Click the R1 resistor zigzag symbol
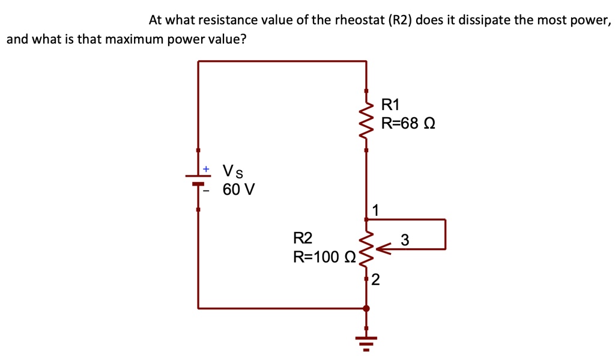point(366,121)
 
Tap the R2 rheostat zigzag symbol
point(366,248)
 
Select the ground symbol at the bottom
point(366,343)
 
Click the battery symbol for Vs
point(198,180)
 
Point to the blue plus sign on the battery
point(206,169)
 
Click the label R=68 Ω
point(408,124)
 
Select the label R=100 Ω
point(324,257)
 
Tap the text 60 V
point(238,190)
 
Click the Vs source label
point(233,171)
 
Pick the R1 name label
point(390,105)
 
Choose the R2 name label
point(303,238)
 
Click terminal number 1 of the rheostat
point(375,210)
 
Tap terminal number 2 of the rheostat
point(375,280)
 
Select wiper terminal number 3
point(405,239)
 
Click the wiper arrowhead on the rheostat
point(383,249)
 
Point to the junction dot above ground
point(366,308)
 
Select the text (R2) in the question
point(400,20)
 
